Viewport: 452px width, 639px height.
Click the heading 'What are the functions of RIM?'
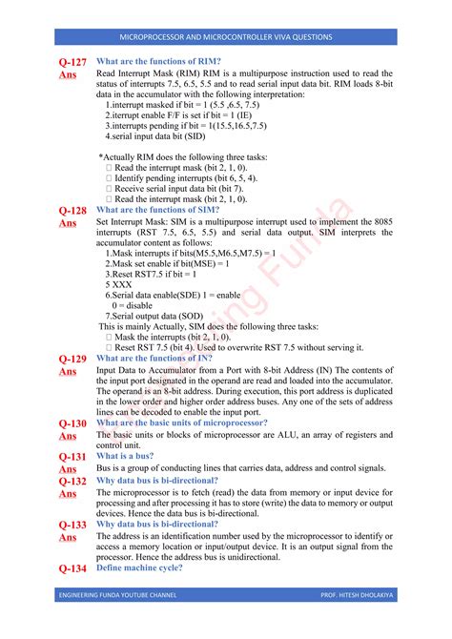(x=159, y=61)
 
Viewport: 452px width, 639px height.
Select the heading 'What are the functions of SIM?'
(x=159, y=210)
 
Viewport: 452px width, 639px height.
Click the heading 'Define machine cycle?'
(x=143, y=568)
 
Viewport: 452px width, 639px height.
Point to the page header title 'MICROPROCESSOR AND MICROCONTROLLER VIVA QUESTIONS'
(x=225, y=37)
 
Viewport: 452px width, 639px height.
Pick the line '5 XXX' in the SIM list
(x=119, y=284)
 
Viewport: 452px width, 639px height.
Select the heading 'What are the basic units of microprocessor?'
(x=182, y=423)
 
